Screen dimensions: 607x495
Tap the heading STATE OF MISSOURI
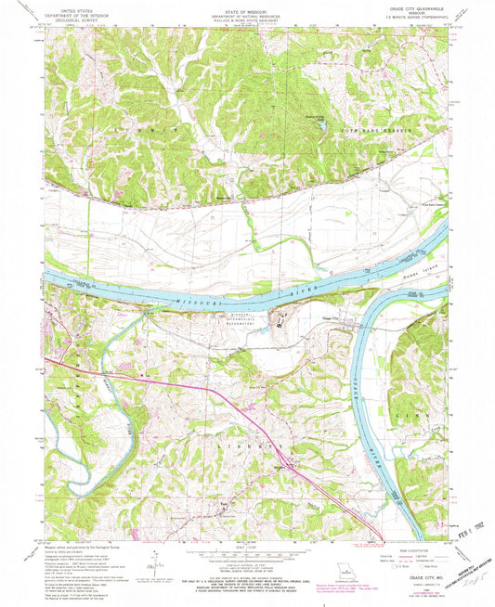(246, 10)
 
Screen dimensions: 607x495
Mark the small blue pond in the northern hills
(320, 123)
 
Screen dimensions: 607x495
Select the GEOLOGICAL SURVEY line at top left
(79, 20)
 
